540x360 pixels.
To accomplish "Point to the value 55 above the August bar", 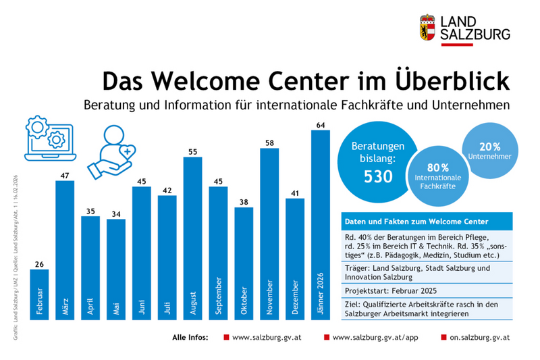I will [192, 152].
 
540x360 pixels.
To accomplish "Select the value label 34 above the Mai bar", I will [116, 215].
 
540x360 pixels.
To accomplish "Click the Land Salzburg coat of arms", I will [427, 28].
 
